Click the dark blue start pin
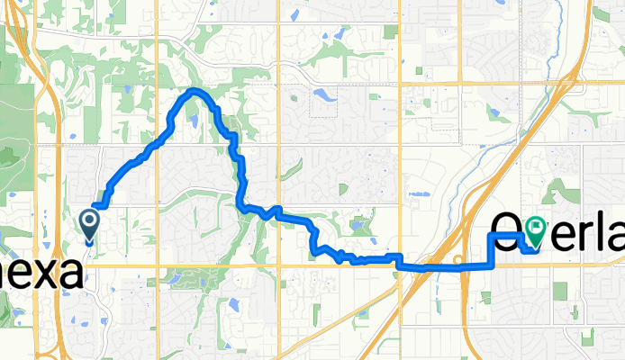click(x=90, y=221)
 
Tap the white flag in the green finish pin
click(x=537, y=228)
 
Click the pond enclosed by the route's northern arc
click(x=193, y=116)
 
